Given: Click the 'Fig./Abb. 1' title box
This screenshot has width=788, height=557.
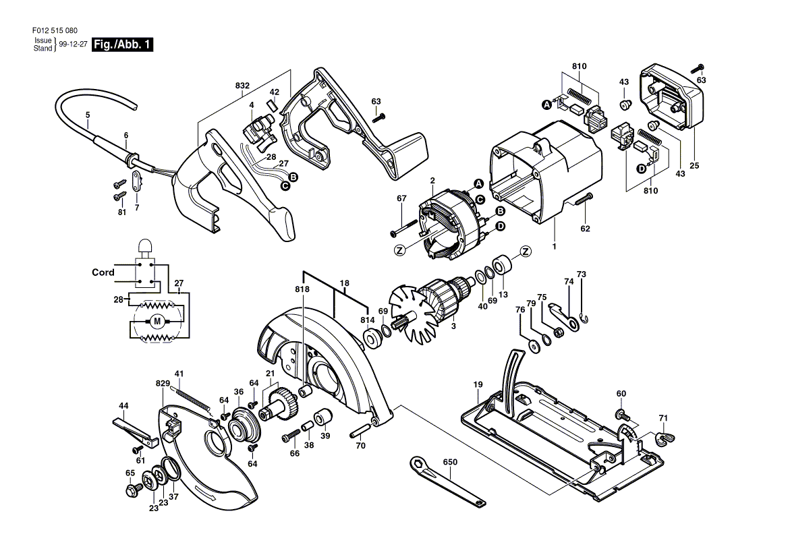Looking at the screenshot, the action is tap(122, 45).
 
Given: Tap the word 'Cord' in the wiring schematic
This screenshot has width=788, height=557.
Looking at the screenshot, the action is tap(103, 272).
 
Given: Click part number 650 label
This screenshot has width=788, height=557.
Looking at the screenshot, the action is tap(450, 462).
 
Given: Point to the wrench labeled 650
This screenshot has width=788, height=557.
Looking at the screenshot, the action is tap(448, 480).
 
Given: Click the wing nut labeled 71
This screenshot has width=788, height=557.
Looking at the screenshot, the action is tap(665, 438).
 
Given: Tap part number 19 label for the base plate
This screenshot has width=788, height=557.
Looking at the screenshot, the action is tap(478, 385).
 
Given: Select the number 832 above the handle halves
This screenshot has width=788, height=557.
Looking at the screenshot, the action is tap(242, 86).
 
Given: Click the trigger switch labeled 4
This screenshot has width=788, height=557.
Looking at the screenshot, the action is tap(258, 131).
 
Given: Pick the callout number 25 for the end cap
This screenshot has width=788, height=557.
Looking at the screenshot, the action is tap(694, 166).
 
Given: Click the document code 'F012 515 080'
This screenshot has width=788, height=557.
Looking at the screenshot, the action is tap(55, 30).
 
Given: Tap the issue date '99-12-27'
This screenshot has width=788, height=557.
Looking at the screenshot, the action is tap(74, 45).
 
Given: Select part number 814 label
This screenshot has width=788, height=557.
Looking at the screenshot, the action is tap(368, 320).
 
